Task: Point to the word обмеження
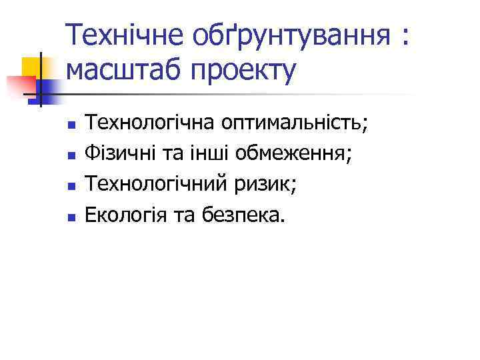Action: [x=297, y=155]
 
